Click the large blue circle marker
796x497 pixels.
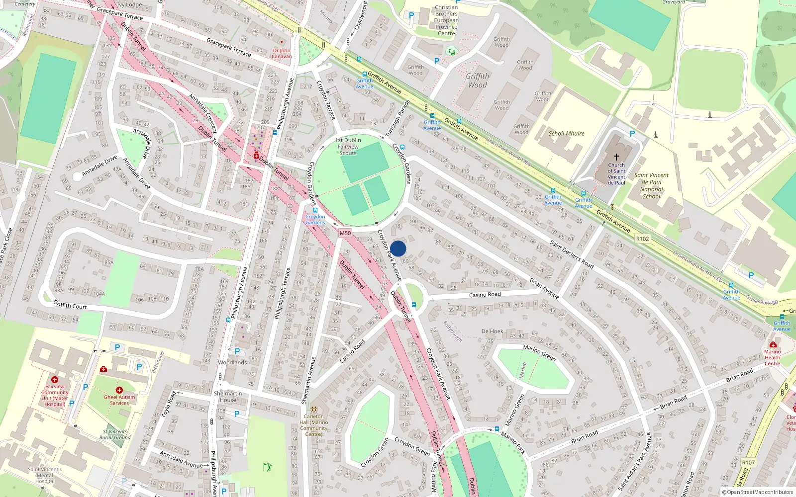pos(398,248)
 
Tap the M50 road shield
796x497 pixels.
pos(345,233)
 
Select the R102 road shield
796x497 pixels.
pos(642,239)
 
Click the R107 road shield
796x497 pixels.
pos(748,462)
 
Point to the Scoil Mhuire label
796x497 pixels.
pos(566,133)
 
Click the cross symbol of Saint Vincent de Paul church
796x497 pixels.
pos(616,157)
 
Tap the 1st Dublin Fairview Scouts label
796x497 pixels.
pos(348,147)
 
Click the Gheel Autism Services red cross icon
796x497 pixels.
pos(119,390)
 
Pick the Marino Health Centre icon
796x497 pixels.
pos(773,344)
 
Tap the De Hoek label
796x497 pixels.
pos(492,331)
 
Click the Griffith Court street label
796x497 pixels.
pos(70,305)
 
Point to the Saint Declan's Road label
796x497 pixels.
pos(572,253)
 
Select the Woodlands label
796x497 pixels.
pos(232,362)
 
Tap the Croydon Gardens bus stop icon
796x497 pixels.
pos(315,210)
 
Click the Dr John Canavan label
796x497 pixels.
pos(282,53)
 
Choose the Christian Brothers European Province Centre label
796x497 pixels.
pos(446,20)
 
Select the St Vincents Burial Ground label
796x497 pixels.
pos(115,434)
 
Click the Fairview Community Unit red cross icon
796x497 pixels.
pos(55,380)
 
